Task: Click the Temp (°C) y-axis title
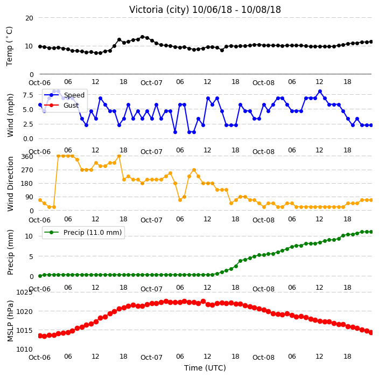[x=10, y=46]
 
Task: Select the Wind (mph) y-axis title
[x=10, y=116]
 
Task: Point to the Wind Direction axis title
[x=10, y=184]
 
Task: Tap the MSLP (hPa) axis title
[x=10, y=320]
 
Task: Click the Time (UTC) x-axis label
[x=205, y=368]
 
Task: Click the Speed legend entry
[x=74, y=95]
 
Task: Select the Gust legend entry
[x=71, y=105]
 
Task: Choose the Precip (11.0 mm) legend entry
[x=93, y=232]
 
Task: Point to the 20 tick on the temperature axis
[x=29, y=18]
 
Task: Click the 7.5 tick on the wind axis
[x=28, y=95]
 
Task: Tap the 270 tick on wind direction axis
[x=27, y=170]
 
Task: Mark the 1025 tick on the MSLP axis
[x=24, y=292]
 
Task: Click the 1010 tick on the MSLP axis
[x=24, y=349]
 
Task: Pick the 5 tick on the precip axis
[x=31, y=256]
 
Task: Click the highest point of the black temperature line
[x=142, y=37]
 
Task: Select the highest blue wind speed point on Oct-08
[x=320, y=92]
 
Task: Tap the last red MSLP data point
[x=371, y=332]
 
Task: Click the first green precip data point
[x=40, y=276]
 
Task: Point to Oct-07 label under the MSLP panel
[x=151, y=358]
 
